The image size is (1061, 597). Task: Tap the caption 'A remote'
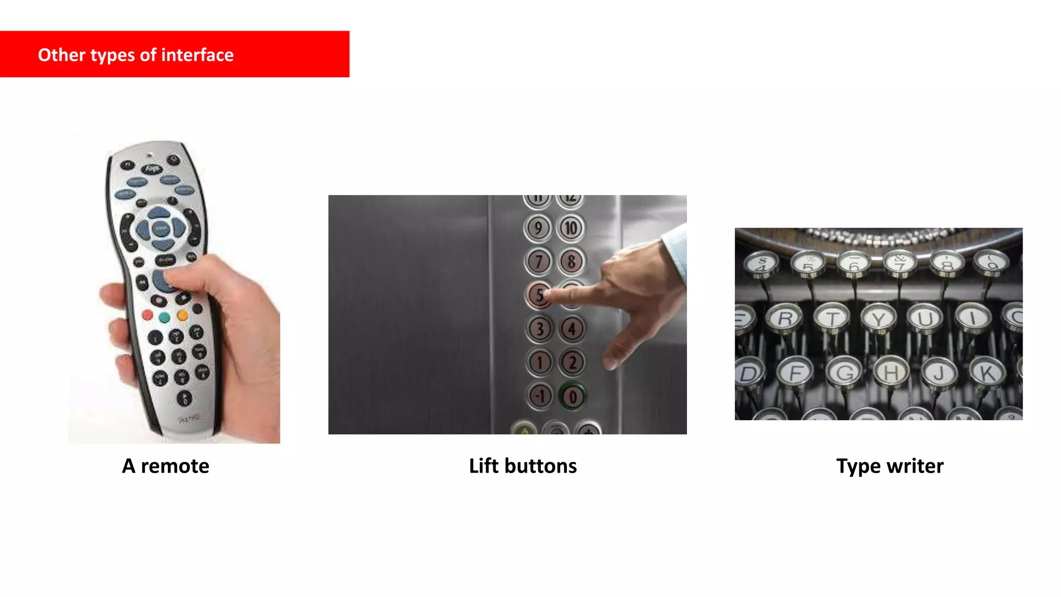coord(166,466)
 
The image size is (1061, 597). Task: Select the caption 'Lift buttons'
coord(523,466)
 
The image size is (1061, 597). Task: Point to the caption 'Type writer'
coord(890,466)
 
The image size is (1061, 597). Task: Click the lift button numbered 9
coord(538,228)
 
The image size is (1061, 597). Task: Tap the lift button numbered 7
coord(539,261)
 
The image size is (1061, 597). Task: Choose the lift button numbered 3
coord(540,329)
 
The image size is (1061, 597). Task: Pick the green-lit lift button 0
coord(572,397)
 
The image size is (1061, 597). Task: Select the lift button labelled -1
coord(540,396)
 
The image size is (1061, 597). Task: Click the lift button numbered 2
coord(572,362)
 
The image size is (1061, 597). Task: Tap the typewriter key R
coord(785,318)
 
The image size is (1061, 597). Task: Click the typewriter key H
coord(891,372)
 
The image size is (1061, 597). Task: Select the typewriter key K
coord(987,372)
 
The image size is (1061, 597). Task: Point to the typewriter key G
coord(844,372)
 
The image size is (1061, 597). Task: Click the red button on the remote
coord(148,315)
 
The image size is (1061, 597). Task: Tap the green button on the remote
coord(165,317)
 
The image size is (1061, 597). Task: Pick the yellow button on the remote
coord(183,315)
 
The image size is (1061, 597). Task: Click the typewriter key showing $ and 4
coord(762,263)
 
